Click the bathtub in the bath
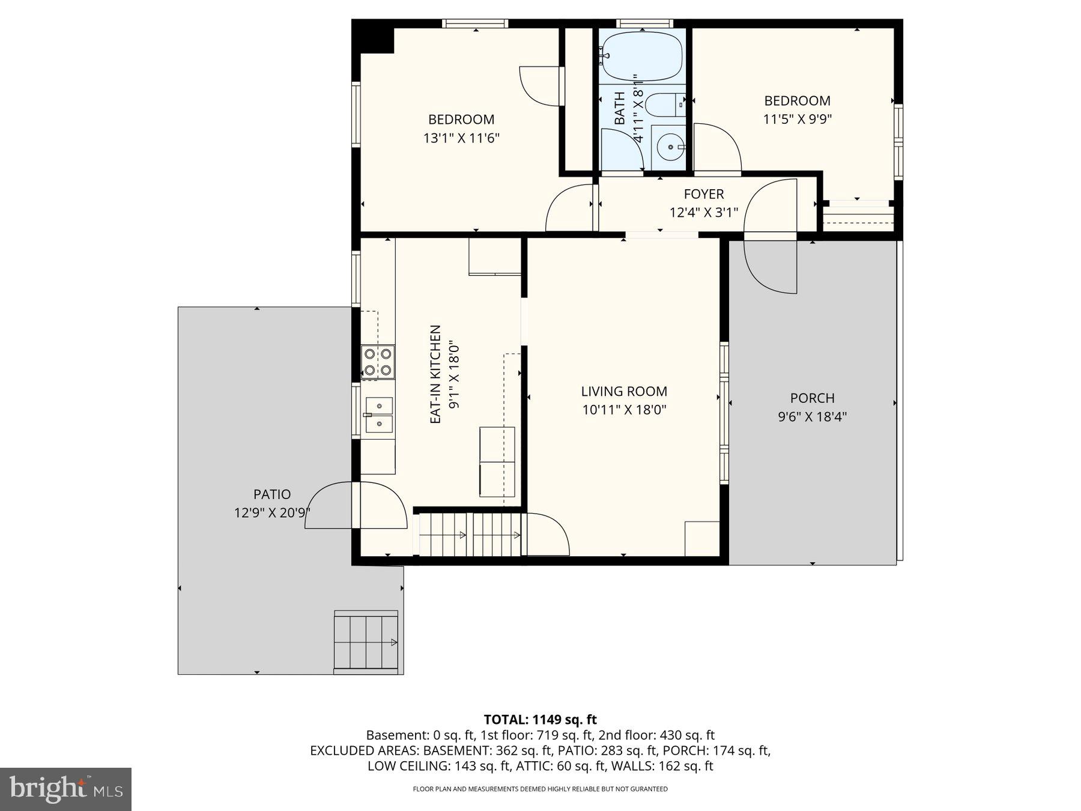tap(642, 56)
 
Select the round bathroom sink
tap(670, 145)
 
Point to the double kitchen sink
tap(379, 415)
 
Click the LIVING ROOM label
tap(624, 391)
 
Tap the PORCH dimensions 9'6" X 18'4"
tap(812, 416)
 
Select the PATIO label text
tap(272, 494)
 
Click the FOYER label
tap(704, 194)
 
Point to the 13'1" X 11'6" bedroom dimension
tap(461, 138)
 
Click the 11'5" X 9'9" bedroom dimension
tap(797, 119)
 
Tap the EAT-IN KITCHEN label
tap(436, 374)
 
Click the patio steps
tap(366, 642)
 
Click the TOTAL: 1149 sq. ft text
tap(540, 719)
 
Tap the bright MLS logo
tap(65, 789)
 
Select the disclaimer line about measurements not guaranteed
tap(540, 789)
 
